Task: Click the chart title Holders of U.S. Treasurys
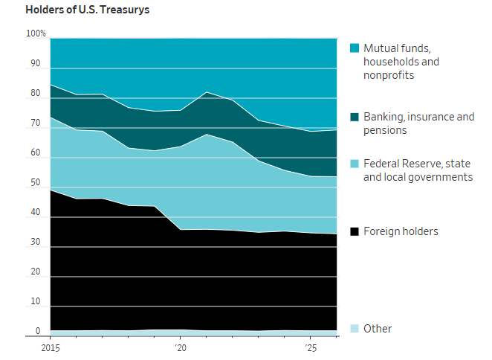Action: click(87, 10)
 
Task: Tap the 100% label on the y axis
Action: click(36, 33)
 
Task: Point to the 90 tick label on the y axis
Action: click(36, 63)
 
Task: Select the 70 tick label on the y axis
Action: click(36, 123)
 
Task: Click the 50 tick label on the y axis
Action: click(36, 182)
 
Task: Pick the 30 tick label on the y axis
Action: click(36, 242)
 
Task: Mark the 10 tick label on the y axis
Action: click(36, 301)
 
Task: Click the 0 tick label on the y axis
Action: click(38, 331)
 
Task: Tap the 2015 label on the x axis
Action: click(51, 348)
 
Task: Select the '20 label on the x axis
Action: click(181, 348)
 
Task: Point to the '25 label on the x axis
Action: click(311, 348)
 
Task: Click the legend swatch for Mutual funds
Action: click(355, 48)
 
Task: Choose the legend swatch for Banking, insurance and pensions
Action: click(355, 117)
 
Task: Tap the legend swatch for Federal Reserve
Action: click(355, 164)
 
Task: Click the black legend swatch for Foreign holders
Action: click(355, 231)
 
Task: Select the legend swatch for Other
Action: click(355, 329)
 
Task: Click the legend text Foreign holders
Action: click(401, 231)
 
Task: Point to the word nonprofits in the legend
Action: click(389, 75)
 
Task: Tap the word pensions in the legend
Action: click(385, 130)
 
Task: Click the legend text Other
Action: click(378, 329)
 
